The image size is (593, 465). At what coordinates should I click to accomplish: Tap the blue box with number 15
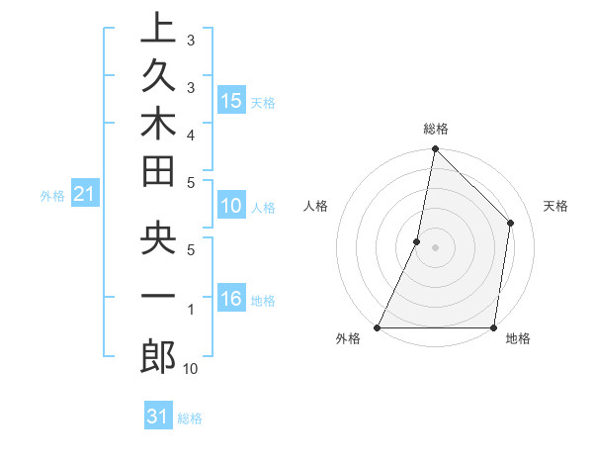(231, 101)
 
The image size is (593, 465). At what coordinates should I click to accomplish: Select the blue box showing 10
(231, 207)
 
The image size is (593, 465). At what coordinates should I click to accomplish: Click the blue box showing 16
(231, 300)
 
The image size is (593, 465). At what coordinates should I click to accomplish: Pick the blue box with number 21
(85, 195)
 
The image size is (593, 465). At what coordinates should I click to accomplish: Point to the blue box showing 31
(158, 418)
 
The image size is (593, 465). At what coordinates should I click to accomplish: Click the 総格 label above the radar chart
(436, 129)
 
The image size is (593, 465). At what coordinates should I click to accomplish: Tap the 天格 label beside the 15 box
(263, 102)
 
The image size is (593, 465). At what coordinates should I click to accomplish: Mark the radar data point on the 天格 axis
(511, 223)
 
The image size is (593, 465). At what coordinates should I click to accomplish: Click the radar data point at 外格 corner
(378, 327)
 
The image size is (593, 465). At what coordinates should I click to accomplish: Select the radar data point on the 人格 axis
(417, 241)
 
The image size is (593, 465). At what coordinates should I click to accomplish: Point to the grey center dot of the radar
(435, 247)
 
